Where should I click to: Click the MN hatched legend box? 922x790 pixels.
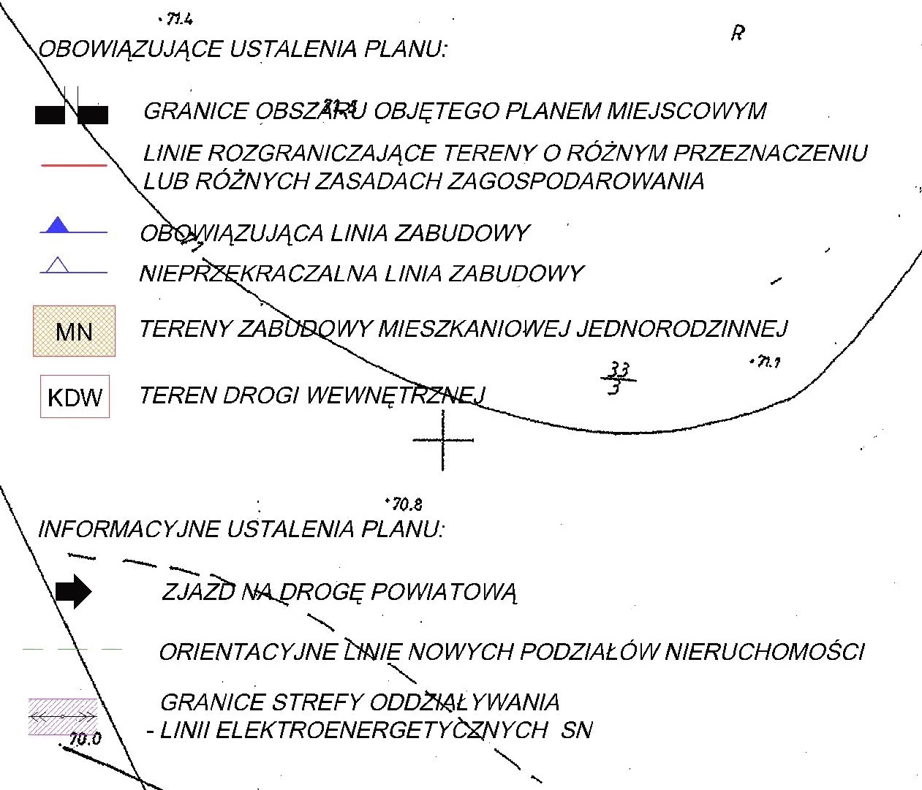[x=74, y=331]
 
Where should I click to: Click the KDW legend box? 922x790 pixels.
[x=75, y=397]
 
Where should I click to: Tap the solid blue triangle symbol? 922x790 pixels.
[x=57, y=225]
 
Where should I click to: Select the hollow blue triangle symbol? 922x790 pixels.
[x=57, y=265]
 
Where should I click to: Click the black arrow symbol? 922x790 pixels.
[x=73, y=591]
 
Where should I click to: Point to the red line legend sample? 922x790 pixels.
[x=74, y=166]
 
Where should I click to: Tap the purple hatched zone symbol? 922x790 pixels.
[x=63, y=716]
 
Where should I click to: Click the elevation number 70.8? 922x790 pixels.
[x=407, y=504]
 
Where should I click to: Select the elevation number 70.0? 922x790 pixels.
[x=86, y=739]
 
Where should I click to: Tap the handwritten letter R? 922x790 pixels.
[x=737, y=33]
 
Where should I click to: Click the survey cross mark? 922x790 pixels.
[x=443, y=440]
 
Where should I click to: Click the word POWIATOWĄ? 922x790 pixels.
[x=444, y=591]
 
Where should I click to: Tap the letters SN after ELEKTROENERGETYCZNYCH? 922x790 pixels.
[x=577, y=729]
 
